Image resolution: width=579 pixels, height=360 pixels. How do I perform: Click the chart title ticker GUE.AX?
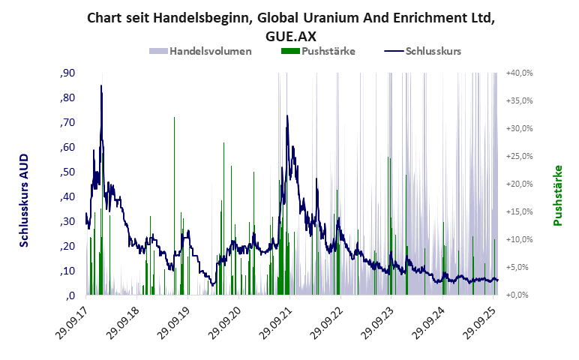(x=289, y=34)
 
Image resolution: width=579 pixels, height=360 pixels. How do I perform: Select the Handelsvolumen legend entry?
(x=199, y=52)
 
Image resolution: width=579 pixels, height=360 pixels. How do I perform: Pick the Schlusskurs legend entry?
(x=423, y=52)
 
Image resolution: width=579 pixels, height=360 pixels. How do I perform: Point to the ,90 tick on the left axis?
(x=66, y=73)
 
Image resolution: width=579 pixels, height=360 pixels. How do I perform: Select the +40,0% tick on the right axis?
(x=518, y=73)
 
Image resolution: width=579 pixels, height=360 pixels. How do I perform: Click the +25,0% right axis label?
(x=518, y=156)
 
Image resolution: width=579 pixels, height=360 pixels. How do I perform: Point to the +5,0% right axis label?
(x=518, y=267)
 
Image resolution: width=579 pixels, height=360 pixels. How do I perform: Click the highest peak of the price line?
(x=101, y=85)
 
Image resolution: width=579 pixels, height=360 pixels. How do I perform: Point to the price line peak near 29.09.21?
(x=287, y=116)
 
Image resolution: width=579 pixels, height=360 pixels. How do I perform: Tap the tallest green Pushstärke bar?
(x=174, y=118)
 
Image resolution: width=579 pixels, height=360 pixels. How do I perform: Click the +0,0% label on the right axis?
(x=518, y=295)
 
